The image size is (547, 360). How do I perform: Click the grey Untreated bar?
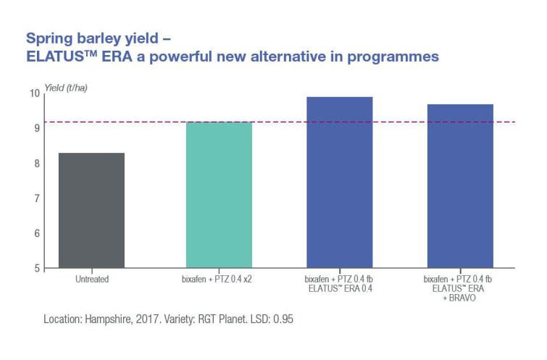(x=91, y=210)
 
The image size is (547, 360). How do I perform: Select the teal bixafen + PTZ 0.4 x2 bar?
(x=219, y=195)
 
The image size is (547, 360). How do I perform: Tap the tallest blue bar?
(x=340, y=183)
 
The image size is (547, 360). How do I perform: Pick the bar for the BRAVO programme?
(x=461, y=186)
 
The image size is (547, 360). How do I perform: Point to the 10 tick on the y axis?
(x=35, y=93)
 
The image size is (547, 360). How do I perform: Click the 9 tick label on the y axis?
(x=37, y=128)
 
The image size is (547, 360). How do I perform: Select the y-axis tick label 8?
(x=37, y=163)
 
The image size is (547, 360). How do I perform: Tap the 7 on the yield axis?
(x=37, y=198)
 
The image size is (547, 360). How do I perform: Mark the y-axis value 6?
(x=37, y=233)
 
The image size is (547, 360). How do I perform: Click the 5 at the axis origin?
(x=37, y=268)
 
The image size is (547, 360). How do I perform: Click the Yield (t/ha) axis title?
(x=66, y=88)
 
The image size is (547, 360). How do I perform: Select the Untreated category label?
(x=92, y=279)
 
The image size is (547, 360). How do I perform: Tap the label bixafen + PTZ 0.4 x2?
(x=217, y=279)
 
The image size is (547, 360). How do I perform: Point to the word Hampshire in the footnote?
(x=109, y=319)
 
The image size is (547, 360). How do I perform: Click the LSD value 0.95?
(x=283, y=319)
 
